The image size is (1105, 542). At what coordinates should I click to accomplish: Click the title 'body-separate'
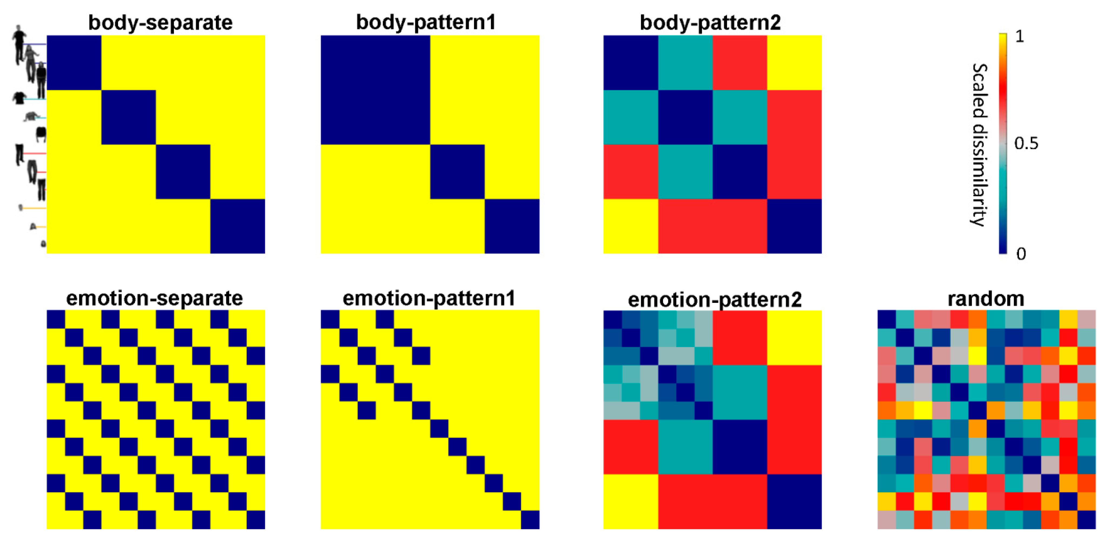click(x=160, y=22)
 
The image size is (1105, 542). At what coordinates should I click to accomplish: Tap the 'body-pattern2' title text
click(x=710, y=22)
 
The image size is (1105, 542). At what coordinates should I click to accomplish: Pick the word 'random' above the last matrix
click(x=986, y=299)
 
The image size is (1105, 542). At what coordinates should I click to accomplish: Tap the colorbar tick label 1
click(x=1020, y=36)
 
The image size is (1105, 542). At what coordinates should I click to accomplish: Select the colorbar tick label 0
click(x=1021, y=254)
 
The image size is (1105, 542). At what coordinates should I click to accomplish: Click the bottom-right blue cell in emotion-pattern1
click(x=530, y=519)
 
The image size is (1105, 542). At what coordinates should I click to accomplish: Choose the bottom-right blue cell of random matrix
click(x=1087, y=519)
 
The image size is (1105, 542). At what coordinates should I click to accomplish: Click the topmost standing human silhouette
click(x=19, y=43)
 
